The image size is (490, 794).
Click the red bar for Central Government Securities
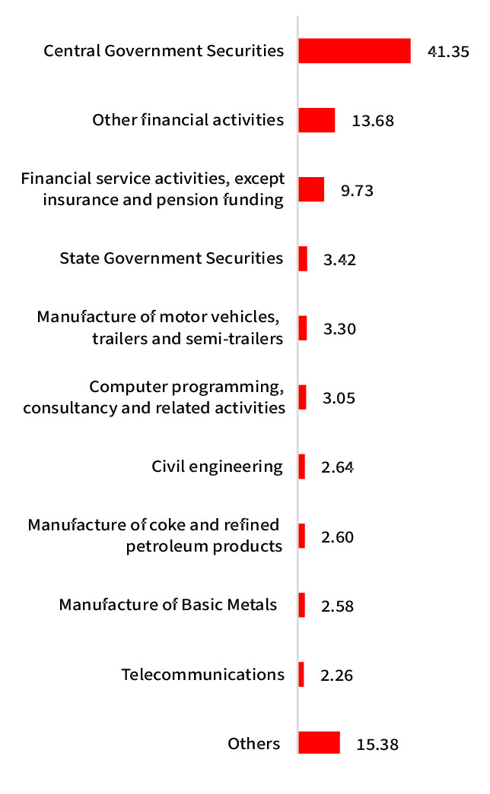(355, 51)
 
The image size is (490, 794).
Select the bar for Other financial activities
(317, 120)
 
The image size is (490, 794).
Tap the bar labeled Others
(319, 743)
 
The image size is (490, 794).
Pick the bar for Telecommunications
(301, 675)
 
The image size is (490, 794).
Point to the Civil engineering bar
(302, 467)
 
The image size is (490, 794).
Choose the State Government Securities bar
(303, 258)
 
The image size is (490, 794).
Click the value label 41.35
(448, 52)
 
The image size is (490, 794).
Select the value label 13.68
(373, 121)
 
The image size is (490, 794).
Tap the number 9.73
(357, 190)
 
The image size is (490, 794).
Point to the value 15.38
(377, 745)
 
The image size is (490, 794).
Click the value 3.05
(339, 398)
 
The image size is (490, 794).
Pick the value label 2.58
(338, 606)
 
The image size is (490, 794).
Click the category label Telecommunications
(202, 674)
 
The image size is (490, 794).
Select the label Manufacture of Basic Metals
(168, 605)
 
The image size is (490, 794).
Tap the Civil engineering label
(217, 466)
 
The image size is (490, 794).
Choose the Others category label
(254, 743)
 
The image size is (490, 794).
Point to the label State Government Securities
(171, 258)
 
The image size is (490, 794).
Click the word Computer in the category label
(121, 388)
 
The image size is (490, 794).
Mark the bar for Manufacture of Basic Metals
(302, 606)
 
